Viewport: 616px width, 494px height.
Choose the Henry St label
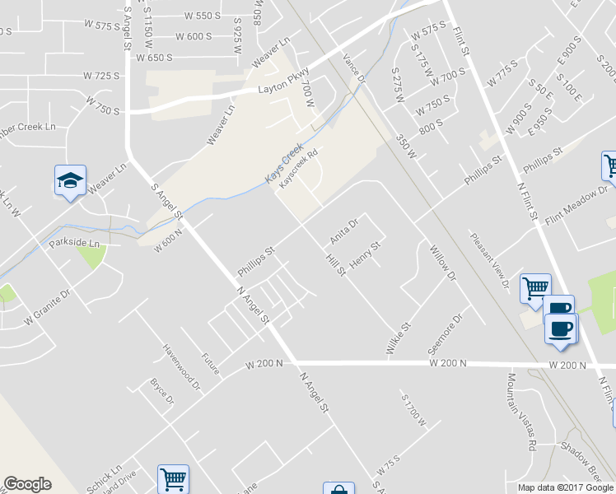[x=367, y=254]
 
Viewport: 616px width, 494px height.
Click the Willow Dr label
[x=441, y=262]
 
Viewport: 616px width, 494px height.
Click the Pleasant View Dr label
[x=491, y=259]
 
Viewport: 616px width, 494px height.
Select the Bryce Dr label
[x=161, y=392]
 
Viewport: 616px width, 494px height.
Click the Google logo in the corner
[x=27, y=484]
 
